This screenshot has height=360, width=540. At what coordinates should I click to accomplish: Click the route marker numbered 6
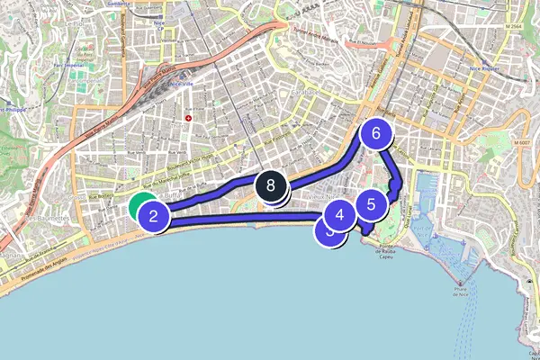click(x=376, y=133)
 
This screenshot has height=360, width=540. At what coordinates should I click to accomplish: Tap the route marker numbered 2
click(x=155, y=216)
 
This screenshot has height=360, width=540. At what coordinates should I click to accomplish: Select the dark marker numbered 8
click(x=271, y=187)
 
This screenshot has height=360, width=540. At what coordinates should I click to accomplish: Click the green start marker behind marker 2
click(x=140, y=206)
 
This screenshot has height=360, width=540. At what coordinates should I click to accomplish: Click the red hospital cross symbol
click(x=188, y=118)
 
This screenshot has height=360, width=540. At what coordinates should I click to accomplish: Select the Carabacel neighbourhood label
click(x=306, y=93)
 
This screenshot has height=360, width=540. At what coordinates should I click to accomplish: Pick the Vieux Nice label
click(x=321, y=194)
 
